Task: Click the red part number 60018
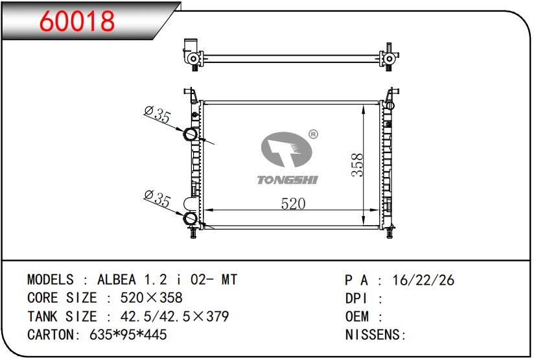[x=77, y=21]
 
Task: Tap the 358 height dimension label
[x=357, y=165]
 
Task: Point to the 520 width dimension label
[x=293, y=204]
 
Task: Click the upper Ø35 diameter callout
[x=157, y=115]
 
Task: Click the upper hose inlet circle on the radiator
[x=191, y=134]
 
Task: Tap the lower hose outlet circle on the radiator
[x=191, y=218]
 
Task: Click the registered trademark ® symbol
[x=313, y=134]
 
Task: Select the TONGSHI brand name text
[x=288, y=180]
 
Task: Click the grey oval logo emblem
[x=286, y=150]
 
